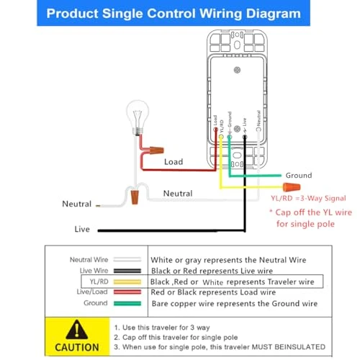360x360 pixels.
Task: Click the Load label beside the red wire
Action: (174, 163)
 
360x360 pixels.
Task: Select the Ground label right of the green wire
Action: (298, 175)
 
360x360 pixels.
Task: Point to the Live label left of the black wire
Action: (82, 229)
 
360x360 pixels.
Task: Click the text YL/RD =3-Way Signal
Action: (308, 198)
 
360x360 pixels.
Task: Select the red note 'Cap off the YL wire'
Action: (308, 213)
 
